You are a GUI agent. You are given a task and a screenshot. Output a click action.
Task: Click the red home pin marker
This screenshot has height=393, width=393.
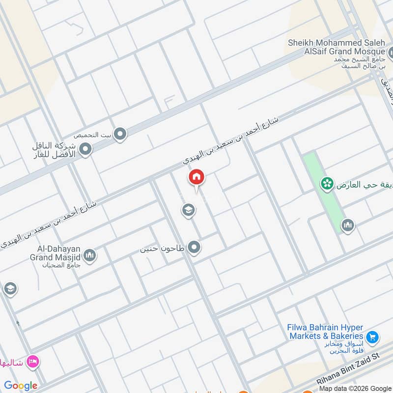coord(196,178)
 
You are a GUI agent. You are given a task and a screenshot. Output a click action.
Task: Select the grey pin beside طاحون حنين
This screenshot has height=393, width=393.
coord(195,248)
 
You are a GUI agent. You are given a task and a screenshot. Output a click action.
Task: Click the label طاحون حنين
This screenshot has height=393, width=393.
coord(163,249)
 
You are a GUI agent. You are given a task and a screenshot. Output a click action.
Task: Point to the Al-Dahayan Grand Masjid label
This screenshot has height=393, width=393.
coord(55,253)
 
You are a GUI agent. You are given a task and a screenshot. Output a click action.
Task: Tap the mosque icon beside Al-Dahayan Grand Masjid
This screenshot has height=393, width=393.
coord(89,255)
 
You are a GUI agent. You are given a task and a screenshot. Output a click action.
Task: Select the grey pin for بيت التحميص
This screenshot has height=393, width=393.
coord(120,134)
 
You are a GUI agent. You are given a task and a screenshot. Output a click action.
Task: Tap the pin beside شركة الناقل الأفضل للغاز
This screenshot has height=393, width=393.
coord(86,149)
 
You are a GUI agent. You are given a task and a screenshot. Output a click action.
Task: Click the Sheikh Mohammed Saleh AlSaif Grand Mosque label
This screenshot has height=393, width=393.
coord(336,48)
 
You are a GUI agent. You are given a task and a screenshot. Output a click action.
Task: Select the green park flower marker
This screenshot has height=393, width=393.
coord(327,184)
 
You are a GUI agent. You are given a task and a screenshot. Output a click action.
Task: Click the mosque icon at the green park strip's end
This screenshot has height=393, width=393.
coord(347,225)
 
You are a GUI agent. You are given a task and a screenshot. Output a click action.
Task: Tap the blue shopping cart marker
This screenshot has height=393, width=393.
coord(372,337)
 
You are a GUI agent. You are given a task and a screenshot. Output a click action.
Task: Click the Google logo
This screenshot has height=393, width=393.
coord(21,386)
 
